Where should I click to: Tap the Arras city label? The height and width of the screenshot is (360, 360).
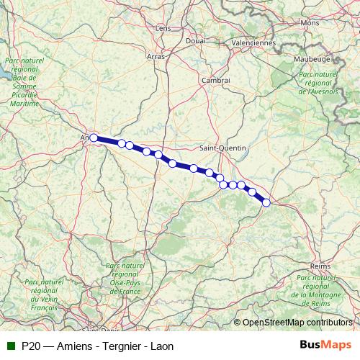(x=156, y=55)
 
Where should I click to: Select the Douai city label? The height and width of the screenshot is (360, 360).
(x=195, y=41)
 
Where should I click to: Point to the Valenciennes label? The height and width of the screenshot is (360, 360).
(x=253, y=42)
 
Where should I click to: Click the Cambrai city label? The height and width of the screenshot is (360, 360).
(x=216, y=80)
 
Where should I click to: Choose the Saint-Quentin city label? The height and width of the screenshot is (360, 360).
(x=222, y=148)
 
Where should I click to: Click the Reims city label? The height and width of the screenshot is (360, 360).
(x=320, y=266)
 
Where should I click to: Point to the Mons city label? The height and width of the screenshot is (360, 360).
(x=310, y=23)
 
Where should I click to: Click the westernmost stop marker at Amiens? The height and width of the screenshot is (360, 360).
(x=94, y=138)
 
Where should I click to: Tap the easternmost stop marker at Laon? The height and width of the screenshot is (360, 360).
(x=266, y=202)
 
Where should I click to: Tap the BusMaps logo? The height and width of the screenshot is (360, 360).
(x=326, y=345)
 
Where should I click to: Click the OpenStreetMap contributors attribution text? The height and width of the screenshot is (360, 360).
(x=297, y=323)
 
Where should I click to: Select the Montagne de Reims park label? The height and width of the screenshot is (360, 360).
(x=315, y=288)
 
